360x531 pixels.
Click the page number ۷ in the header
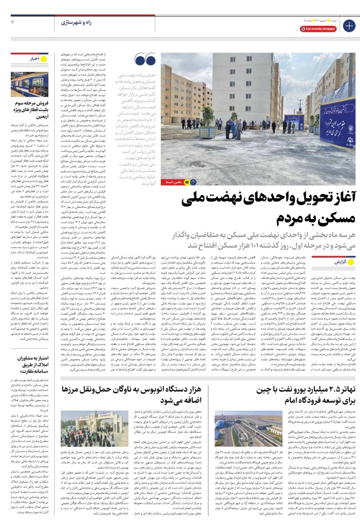tap(12, 22)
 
